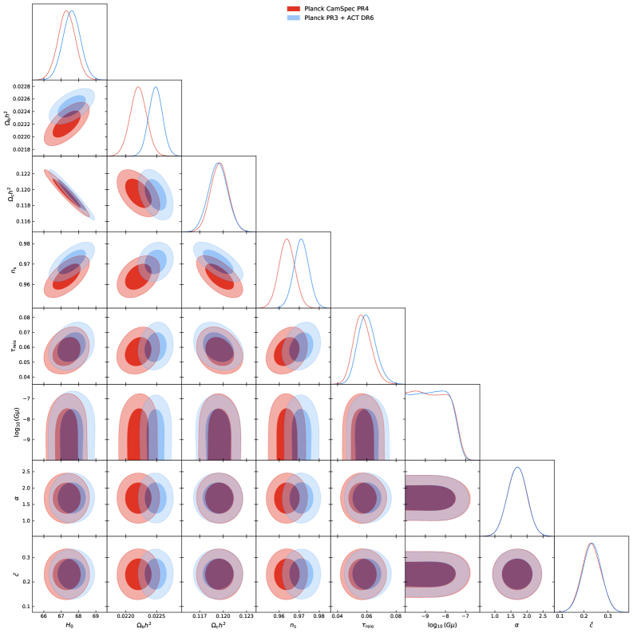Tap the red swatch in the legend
(294, 8)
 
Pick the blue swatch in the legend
(294, 17)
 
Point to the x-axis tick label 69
(95, 617)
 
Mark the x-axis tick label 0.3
(607, 617)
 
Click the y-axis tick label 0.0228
(22, 86)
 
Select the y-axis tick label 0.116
(25, 221)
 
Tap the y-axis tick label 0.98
(26, 244)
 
